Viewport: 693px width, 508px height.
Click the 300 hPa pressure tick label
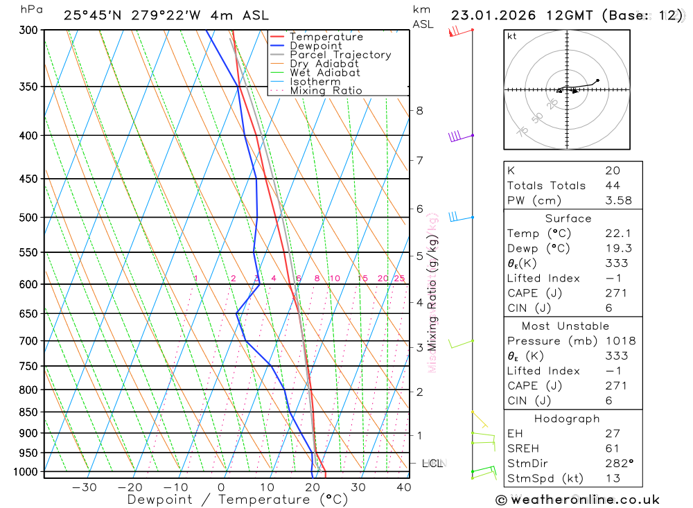click(28, 30)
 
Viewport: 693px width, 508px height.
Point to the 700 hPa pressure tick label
click(28, 341)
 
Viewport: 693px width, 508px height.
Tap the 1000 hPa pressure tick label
click(25, 472)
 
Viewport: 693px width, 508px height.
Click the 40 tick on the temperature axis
click(403, 487)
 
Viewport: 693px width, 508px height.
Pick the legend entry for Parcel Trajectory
click(340, 55)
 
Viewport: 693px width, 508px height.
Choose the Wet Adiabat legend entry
click(325, 73)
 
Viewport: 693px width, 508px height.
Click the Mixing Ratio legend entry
click(326, 91)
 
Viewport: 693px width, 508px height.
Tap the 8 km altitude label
click(419, 110)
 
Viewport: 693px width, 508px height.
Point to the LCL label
click(432, 463)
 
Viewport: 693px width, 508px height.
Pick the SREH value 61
click(613, 448)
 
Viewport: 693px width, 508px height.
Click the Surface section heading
click(572, 218)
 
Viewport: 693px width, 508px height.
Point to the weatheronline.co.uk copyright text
click(578, 500)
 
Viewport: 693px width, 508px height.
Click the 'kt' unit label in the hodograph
click(511, 36)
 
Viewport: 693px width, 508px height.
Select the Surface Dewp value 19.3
click(616, 248)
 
